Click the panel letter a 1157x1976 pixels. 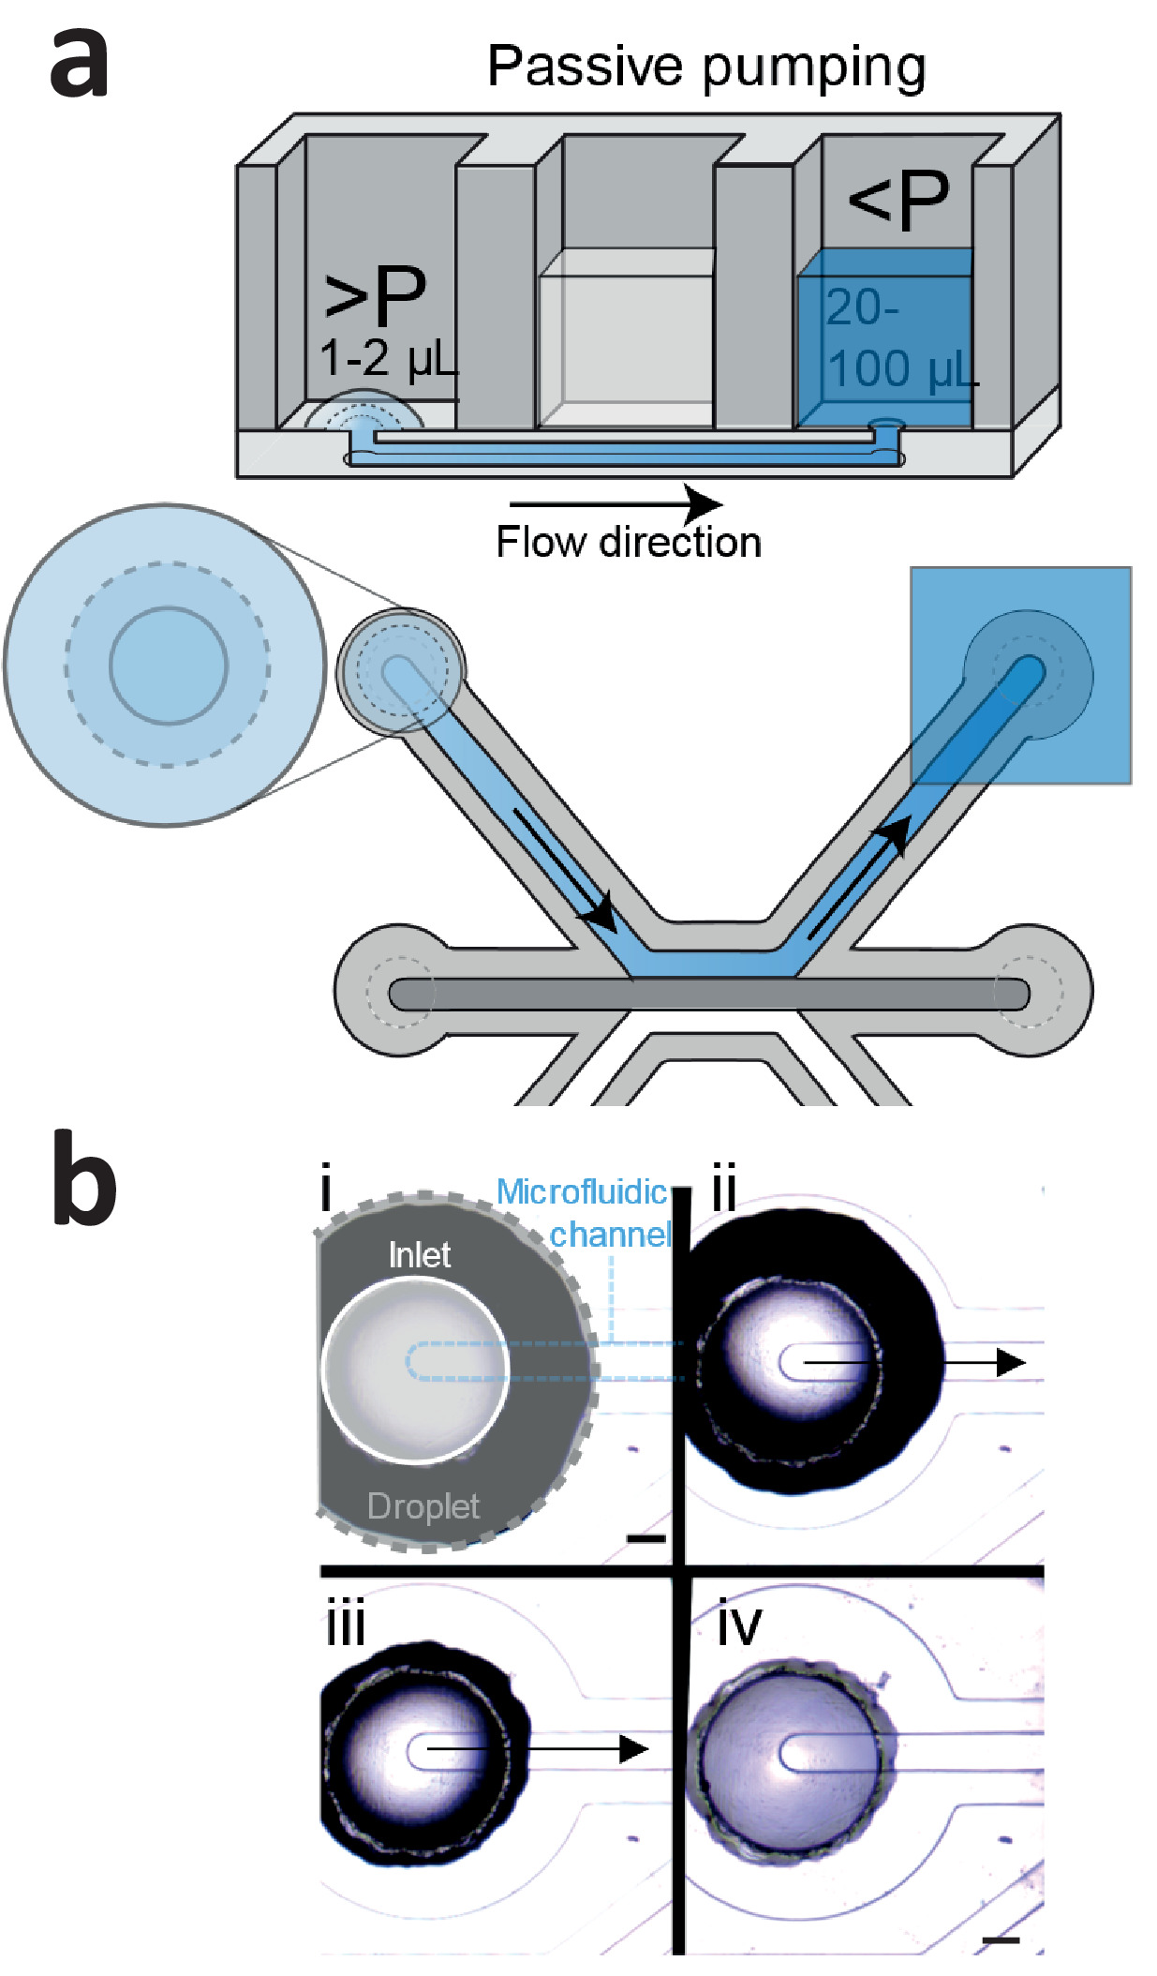(79, 63)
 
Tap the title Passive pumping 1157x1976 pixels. (706, 68)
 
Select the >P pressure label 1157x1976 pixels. (375, 293)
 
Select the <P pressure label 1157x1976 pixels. (898, 200)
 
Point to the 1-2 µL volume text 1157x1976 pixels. (389, 358)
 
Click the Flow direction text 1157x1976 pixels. (628, 542)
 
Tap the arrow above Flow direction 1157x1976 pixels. (616, 504)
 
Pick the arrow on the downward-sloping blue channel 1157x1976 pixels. (565, 869)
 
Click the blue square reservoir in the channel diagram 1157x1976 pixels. (1021, 675)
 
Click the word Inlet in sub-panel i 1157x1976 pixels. (420, 1254)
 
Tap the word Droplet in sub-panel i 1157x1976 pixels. (423, 1505)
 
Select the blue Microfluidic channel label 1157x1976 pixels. (585, 1213)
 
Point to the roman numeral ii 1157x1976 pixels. (724, 1189)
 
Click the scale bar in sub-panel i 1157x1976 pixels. (645, 1537)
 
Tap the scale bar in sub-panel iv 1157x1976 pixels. (1001, 1939)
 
